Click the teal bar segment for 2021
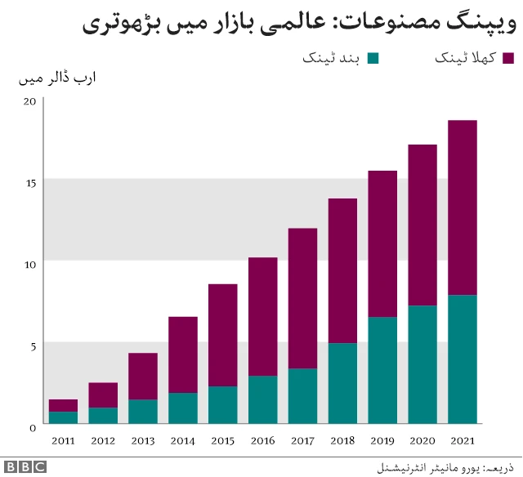point(463,359)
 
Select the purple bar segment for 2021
point(463,207)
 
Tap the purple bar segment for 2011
point(63,405)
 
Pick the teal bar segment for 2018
point(342,384)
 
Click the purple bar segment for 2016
point(262,317)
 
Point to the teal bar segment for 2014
point(183,408)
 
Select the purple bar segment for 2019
point(382,243)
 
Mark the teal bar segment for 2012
point(103,416)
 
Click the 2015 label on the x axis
point(222,442)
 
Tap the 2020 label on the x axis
point(422,442)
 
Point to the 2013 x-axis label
point(143,442)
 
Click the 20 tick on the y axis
point(30,101)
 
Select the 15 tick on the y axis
point(30,183)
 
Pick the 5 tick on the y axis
point(33,345)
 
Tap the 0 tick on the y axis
point(33,427)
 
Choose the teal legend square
point(373,58)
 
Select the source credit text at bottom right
point(446,468)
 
